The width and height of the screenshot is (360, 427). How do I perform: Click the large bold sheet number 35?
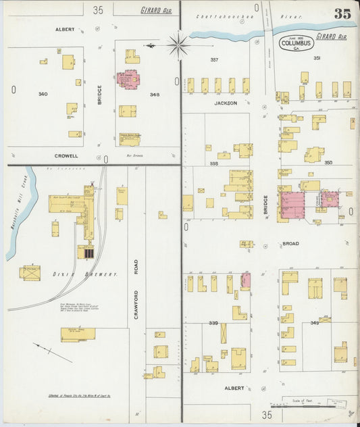342,14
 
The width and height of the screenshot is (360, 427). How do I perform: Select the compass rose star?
178,46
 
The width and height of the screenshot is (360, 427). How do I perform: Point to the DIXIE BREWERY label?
95,274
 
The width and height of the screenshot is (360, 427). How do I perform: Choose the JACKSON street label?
226,103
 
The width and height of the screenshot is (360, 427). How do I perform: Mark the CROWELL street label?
66,155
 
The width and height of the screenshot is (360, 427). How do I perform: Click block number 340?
43,94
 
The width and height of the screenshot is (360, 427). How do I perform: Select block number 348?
154,94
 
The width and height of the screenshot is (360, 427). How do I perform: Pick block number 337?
214,59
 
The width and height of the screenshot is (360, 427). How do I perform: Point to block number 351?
317,58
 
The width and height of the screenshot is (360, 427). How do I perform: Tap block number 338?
214,164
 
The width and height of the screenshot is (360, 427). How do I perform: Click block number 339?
214,323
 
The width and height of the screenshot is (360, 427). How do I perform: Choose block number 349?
314,323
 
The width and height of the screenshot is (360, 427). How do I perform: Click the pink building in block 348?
128,79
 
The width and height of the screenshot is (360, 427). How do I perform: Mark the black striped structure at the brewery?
88,253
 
